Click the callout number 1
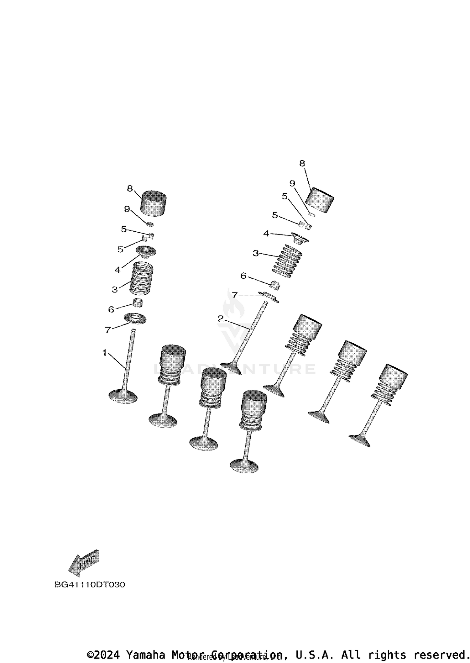coord(104,353)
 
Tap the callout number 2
coord(221,319)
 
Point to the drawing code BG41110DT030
coord(90,585)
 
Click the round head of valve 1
coord(123,396)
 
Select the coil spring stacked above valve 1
coord(142,278)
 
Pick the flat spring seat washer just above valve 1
coord(135,318)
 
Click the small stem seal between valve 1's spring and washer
coord(138,303)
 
